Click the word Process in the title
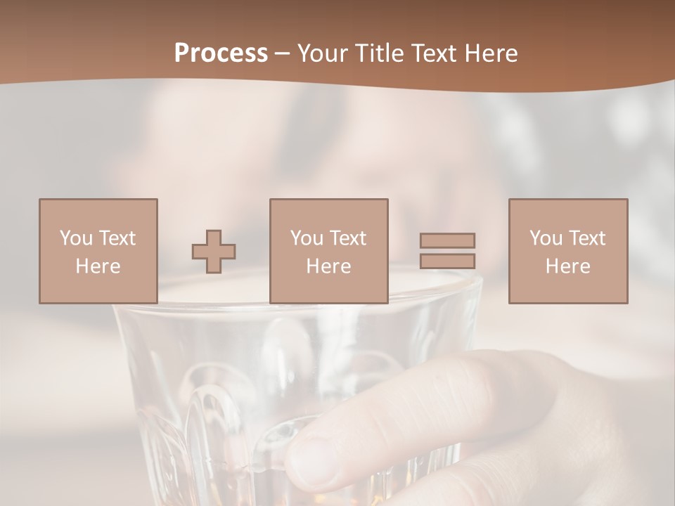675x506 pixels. click(x=221, y=53)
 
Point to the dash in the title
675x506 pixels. click(x=283, y=54)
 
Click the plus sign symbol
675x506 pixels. click(x=214, y=252)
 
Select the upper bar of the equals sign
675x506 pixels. click(x=447, y=240)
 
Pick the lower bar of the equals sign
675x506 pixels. click(x=447, y=261)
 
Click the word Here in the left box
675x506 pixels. click(x=98, y=266)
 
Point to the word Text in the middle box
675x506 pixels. click(x=347, y=238)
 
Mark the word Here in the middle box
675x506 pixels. click(x=329, y=266)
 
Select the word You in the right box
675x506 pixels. click(x=546, y=238)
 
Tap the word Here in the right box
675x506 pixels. click(x=568, y=266)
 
